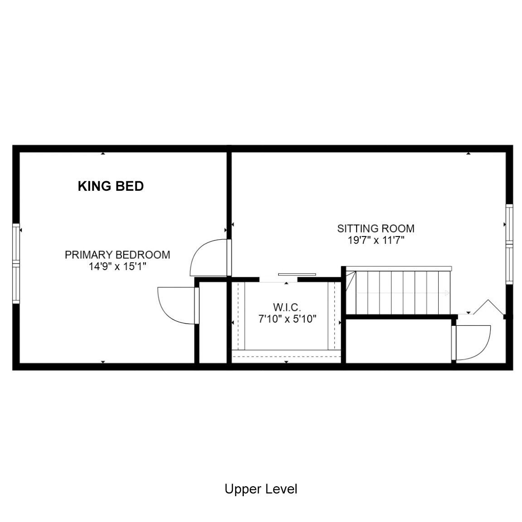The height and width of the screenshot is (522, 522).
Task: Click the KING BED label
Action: pos(111,186)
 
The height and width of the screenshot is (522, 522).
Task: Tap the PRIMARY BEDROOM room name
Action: pos(117,255)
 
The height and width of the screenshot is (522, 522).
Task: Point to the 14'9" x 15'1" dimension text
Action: pos(117,266)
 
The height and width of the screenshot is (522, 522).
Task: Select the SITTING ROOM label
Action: pos(376,228)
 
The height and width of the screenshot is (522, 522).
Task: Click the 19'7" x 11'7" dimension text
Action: pos(376,240)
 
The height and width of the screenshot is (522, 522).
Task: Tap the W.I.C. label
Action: pos(287,307)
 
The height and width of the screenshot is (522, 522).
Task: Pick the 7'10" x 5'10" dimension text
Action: pos(287,319)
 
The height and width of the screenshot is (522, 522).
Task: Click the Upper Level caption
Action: pos(261,489)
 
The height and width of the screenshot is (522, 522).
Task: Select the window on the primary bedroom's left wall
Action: pos(16,264)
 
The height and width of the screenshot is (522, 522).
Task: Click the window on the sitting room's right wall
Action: pos(509,244)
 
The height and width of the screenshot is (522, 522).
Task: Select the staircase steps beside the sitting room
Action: pos(398,292)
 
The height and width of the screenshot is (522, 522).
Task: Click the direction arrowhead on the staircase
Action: pos(447,293)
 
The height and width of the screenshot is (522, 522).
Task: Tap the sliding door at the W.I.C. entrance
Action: pos(297,274)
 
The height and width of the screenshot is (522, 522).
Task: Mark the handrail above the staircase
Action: pos(399,268)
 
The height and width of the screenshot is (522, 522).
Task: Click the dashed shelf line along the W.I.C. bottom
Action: pos(286,357)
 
